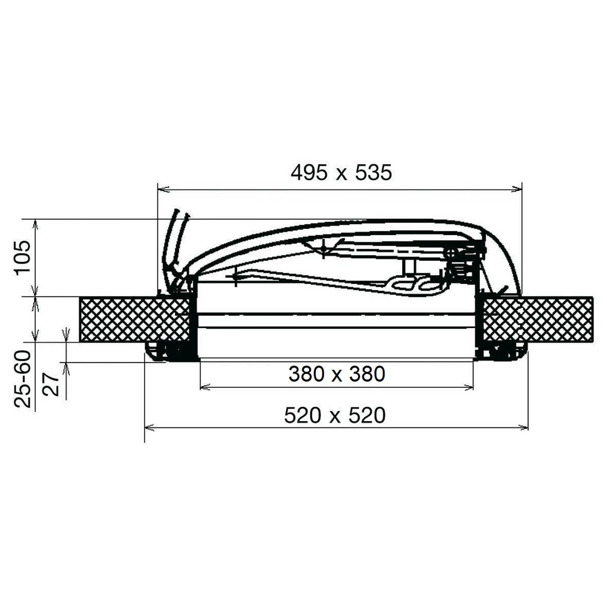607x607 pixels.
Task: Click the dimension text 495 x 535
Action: (x=341, y=173)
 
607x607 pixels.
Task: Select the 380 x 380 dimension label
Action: (x=337, y=374)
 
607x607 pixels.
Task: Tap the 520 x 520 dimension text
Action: (x=335, y=416)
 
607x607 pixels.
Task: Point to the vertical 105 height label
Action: (x=23, y=257)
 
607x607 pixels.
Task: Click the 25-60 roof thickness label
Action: (x=23, y=379)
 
